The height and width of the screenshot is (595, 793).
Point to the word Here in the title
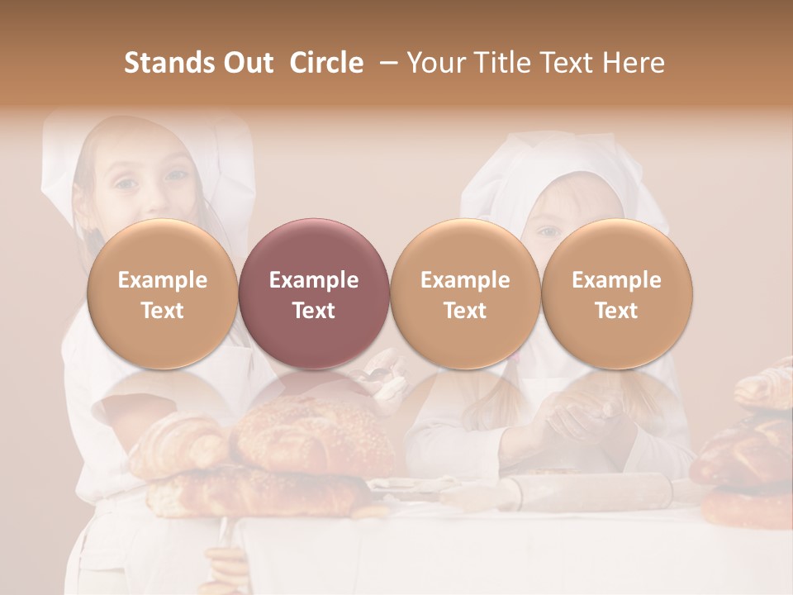pos(633,63)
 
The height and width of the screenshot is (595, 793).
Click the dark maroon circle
pos(313,294)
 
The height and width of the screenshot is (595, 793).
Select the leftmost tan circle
pos(162,294)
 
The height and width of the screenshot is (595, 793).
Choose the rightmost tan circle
pos(616,294)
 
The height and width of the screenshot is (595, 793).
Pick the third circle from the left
pos(465,294)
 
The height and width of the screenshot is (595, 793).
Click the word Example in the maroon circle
pos(313,280)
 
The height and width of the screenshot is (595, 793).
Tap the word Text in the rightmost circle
pos(616,311)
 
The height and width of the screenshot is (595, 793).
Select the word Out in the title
pos(247,63)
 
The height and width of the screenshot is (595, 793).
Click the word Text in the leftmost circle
pos(162,311)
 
